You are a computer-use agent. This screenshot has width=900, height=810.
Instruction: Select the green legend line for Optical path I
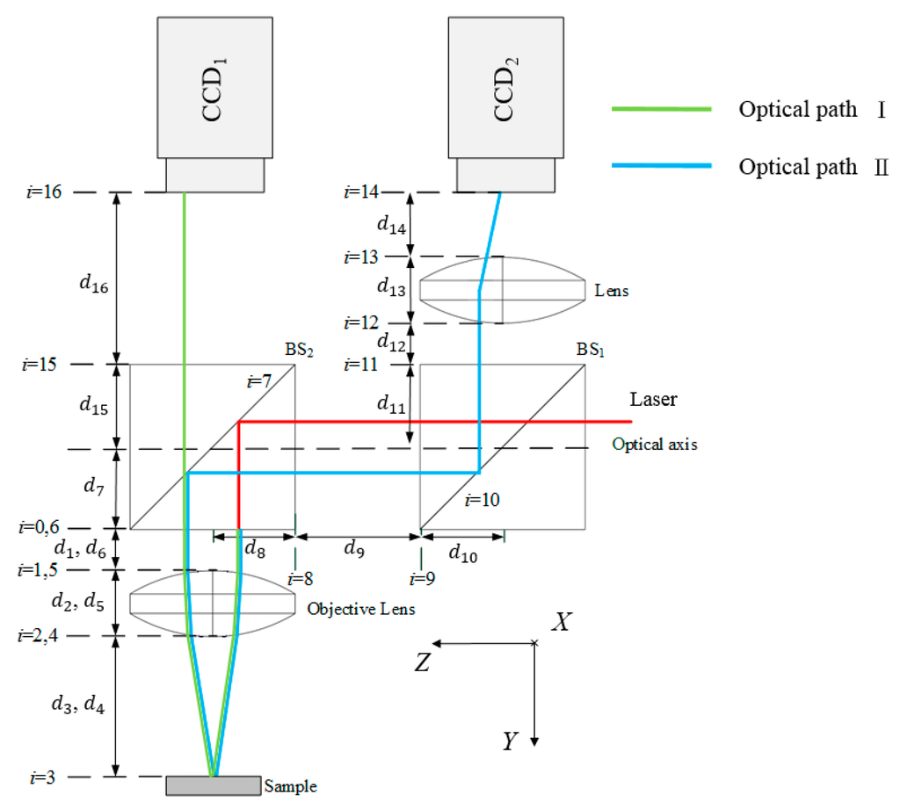661,110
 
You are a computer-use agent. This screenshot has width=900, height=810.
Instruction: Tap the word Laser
654,400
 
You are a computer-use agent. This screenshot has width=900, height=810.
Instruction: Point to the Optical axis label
654,445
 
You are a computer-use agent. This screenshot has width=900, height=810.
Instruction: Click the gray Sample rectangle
213,785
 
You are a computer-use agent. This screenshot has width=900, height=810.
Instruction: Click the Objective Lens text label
360,609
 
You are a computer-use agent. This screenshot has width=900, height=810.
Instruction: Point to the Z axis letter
422,662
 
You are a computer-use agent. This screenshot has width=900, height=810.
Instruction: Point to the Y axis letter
509,742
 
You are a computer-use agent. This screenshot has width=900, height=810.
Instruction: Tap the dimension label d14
391,226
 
